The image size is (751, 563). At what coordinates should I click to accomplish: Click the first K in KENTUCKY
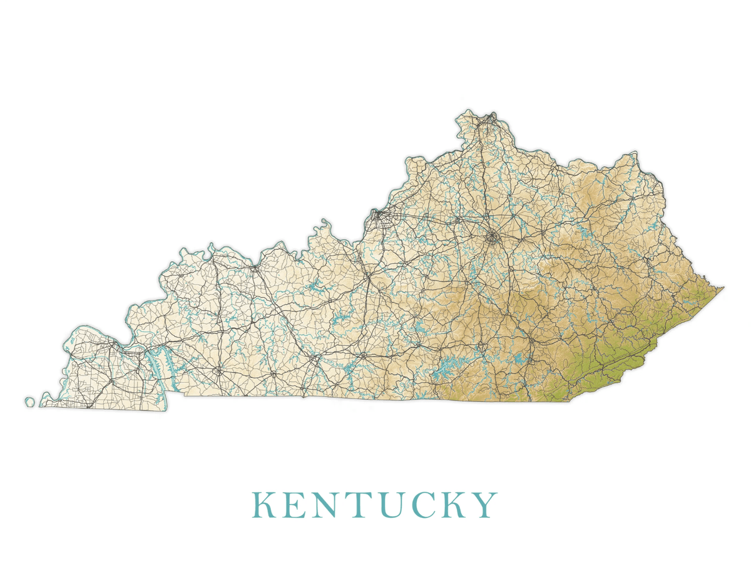(263, 505)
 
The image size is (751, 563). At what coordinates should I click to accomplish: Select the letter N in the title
(324, 505)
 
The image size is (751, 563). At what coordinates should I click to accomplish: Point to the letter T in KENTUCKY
(355, 505)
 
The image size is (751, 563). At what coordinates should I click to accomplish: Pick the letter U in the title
(386, 505)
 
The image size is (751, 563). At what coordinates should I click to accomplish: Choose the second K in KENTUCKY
(451, 505)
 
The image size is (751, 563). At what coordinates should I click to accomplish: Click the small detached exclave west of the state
(29, 401)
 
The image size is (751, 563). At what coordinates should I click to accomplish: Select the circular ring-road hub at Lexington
(493, 237)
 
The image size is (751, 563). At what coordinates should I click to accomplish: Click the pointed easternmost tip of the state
(723, 288)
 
